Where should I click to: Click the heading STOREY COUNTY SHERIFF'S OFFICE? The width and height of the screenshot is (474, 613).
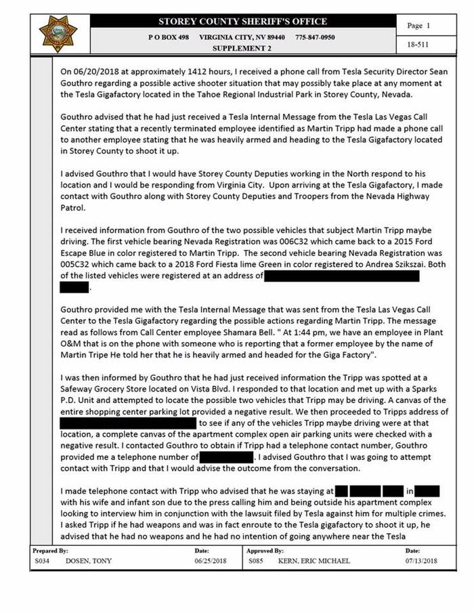[x=242, y=22]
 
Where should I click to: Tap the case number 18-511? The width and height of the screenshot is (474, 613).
[x=416, y=45]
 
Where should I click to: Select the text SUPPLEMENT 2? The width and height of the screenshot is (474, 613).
[x=242, y=49]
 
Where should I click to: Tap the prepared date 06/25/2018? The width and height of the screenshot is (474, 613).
[x=209, y=562]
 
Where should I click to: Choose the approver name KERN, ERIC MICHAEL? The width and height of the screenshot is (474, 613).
[x=316, y=562]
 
